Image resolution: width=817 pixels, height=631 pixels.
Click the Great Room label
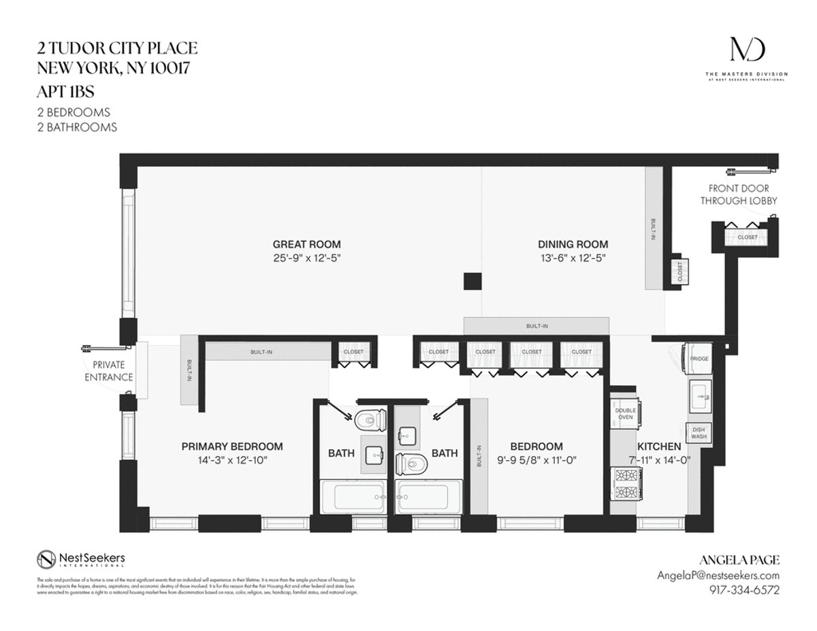pos(306,244)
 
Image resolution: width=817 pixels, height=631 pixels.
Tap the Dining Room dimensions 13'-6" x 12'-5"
pos(573,258)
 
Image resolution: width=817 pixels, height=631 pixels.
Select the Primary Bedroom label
pos(231,447)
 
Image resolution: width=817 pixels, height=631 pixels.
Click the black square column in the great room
pos(472,280)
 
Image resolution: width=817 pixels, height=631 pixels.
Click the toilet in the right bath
pos(411,464)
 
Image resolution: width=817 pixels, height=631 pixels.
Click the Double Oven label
pos(625,415)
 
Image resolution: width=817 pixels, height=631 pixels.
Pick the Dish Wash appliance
pos(699,434)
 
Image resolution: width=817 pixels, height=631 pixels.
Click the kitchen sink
pos(700,394)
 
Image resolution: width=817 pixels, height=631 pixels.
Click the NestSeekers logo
pos(81,559)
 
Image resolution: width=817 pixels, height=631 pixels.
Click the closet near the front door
pos(747,237)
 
